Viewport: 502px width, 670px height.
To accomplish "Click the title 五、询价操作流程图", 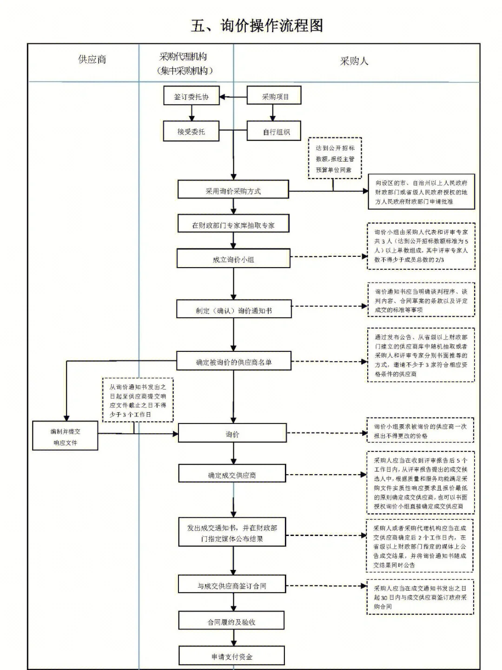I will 257,26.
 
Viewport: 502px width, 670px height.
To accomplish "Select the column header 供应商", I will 92,60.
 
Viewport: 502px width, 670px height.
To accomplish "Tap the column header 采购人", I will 354,61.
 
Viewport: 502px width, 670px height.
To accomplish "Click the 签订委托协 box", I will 191,97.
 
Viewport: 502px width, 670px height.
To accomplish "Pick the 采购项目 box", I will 274,96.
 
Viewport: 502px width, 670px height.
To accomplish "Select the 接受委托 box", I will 191,132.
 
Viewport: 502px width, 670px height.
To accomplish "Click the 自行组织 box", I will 274,132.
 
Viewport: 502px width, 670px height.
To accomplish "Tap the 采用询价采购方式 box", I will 233,191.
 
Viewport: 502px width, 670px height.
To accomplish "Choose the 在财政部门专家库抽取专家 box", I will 233,225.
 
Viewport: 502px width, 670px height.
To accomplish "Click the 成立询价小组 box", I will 233,259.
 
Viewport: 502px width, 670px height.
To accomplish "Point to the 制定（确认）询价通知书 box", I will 233,310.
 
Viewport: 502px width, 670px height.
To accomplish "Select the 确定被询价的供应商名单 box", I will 233,362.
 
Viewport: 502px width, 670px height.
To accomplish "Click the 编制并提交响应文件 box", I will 65,436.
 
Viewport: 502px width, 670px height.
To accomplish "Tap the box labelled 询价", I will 232,434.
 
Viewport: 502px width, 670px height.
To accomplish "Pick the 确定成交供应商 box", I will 232,475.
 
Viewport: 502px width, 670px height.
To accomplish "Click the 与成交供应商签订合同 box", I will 232,585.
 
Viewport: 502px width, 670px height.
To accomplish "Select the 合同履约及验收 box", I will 231,622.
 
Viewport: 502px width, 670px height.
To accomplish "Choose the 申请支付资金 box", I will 231,657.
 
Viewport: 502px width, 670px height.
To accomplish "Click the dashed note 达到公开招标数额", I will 335,159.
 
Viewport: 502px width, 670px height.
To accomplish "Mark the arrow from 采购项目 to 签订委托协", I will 233,97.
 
